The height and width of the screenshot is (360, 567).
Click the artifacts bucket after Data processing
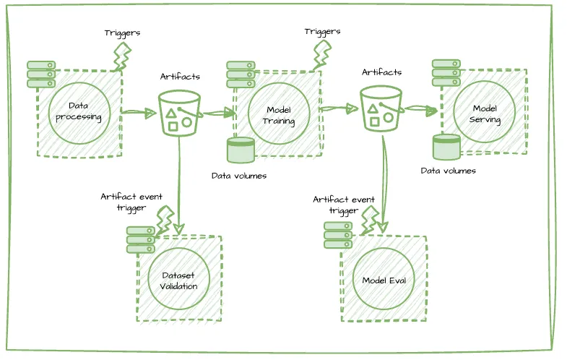[x=180, y=113]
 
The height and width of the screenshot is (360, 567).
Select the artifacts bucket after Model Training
[x=382, y=108]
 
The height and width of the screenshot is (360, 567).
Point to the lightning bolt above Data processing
[x=122, y=56]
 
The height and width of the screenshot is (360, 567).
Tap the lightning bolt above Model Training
[x=321, y=54]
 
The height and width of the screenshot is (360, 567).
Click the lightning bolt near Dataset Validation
[x=165, y=220]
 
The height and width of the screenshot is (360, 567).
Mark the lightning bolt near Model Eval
[x=370, y=220]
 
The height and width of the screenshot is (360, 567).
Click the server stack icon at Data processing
[x=41, y=74]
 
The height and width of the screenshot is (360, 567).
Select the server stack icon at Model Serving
[x=446, y=73]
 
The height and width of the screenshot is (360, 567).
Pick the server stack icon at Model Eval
[x=338, y=235]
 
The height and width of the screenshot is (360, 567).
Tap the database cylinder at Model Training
[x=241, y=150]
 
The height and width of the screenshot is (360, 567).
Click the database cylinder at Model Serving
[x=446, y=147]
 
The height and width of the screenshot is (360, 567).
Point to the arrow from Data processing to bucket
[x=139, y=113]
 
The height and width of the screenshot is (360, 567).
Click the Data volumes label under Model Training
[x=239, y=176]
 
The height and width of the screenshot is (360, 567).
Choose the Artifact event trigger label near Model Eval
[x=344, y=205]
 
